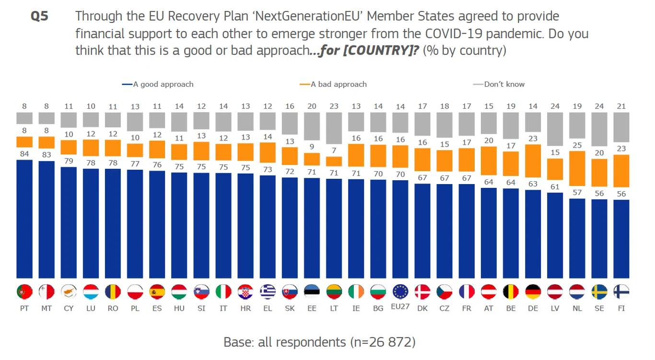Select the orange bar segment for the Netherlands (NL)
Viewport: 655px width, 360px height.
(x=577, y=168)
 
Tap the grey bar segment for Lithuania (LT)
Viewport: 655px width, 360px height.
(x=334, y=128)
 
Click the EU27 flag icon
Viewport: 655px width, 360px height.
(x=400, y=292)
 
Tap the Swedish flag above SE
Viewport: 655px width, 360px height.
(x=599, y=292)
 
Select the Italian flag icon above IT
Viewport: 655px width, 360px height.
(x=223, y=292)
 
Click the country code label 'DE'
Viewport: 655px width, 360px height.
(x=533, y=308)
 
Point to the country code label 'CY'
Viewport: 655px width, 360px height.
(x=69, y=308)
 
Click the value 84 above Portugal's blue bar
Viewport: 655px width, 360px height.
(x=24, y=153)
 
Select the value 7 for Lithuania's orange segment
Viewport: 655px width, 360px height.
(x=334, y=151)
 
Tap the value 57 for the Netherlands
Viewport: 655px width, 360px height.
(x=577, y=193)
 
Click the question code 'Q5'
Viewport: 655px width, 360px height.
(x=39, y=17)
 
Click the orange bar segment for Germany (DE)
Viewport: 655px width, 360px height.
(x=533, y=167)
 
